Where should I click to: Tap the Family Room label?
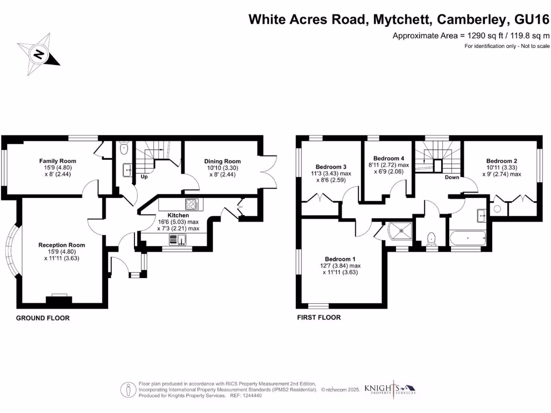click(x=58, y=161)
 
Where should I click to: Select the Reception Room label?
click(x=62, y=245)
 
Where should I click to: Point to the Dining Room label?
click(x=222, y=161)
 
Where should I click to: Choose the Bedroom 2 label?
click(x=501, y=161)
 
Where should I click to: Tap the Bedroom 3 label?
click(x=329, y=167)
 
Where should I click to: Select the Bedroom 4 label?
click(x=389, y=158)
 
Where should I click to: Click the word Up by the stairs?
click(x=144, y=176)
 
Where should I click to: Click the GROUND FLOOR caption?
click(x=43, y=318)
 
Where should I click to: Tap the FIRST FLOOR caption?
click(x=319, y=317)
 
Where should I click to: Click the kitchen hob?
click(x=192, y=204)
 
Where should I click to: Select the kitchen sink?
click(x=178, y=240)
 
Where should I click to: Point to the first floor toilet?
click(x=432, y=238)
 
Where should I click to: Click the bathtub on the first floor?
click(x=469, y=237)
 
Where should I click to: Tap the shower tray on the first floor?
click(x=401, y=232)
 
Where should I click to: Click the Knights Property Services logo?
click(x=390, y=389)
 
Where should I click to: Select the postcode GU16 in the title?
click(x=532, y=20)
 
